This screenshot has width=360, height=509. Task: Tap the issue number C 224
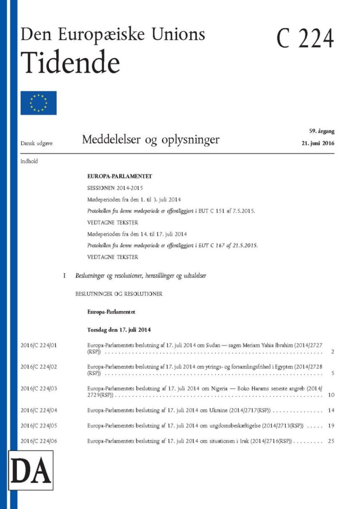pos(305,38)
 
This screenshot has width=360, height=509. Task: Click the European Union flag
pos(38,103)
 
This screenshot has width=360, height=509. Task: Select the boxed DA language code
pos(31,470)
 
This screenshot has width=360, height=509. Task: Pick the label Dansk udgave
pos(36,143)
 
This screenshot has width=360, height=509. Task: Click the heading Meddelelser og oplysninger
pos(151,140)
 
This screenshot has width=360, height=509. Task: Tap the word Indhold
pos(29,161)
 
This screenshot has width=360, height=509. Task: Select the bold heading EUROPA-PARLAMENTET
pos(119,176)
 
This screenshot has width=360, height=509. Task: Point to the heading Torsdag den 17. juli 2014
pos(119,330)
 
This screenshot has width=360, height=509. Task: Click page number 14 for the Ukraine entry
pos(331,410)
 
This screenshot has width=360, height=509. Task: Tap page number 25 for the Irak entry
pos(331,441)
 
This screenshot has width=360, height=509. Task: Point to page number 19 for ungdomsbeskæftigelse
pos(331,425)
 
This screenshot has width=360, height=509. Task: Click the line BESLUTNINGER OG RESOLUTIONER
pos(119,294)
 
